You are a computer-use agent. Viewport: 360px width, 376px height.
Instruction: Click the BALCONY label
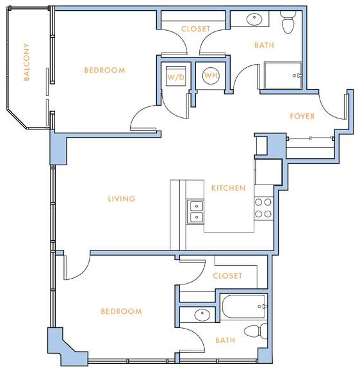[x=27, y=62]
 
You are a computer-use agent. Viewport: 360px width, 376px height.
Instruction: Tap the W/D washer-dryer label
[x=176, y=78]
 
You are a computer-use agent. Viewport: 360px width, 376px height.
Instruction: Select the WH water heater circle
[x=211, y=76]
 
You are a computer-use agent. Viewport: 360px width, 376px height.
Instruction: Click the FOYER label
[x=302, y=117]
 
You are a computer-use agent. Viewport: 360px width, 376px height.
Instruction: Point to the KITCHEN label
[x=228, y=188]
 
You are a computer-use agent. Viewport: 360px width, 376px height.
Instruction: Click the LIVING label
[x=122, y=199]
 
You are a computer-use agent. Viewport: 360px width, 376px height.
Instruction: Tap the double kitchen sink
[x=196, y=211]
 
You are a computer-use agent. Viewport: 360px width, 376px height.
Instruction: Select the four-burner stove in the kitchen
[x=263, y=208]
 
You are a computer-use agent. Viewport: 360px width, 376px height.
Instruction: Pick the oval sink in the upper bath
[x=254, y=19]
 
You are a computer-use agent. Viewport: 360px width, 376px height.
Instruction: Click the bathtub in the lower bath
[x=244, y=307]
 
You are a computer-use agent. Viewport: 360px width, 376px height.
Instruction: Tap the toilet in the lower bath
[x=256, y=331]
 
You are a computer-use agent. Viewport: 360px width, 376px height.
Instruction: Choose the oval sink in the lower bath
[x=202, y=315]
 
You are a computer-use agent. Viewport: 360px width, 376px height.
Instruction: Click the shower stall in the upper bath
[x=283, y=76]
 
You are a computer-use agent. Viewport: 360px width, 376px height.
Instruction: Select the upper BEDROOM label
[x=104, y=70]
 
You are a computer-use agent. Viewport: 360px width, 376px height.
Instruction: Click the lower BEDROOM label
[x=121, y=311]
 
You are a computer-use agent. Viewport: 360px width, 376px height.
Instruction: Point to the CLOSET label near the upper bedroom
[x=196, y=29]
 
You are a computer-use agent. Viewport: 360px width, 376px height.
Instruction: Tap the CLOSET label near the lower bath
[x=227, y=275]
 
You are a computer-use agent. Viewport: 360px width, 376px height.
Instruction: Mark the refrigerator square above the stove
[x=268, y=172]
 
